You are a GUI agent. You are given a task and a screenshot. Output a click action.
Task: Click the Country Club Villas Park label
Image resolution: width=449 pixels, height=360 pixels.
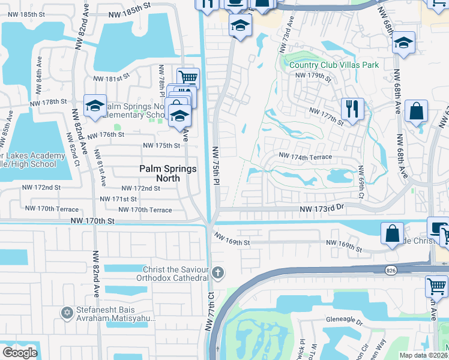point(333,65)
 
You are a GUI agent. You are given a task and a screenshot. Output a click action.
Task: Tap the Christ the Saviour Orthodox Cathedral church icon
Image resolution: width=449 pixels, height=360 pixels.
point(218,273)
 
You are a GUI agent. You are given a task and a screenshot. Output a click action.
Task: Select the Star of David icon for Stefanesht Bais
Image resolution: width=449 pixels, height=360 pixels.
point(67,312)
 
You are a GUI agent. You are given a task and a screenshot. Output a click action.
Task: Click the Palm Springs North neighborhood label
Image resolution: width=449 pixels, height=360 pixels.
point(167,169)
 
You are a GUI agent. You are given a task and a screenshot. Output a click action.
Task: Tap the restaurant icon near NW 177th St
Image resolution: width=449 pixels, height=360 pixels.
point(351,109)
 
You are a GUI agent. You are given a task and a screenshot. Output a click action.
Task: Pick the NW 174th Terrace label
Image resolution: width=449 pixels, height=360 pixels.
point(305,157)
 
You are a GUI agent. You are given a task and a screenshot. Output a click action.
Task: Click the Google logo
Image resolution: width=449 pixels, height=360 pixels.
point(20,353)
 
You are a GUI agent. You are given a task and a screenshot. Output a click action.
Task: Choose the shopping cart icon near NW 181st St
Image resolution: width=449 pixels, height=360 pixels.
point(188,77)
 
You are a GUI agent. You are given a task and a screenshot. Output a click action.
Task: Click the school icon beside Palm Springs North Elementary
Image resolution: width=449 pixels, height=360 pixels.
point(95,106)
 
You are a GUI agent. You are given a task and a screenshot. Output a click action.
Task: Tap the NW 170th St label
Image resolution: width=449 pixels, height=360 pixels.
point(92,221)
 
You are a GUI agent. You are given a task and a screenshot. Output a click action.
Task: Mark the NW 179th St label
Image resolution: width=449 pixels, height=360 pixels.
point(313,76)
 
